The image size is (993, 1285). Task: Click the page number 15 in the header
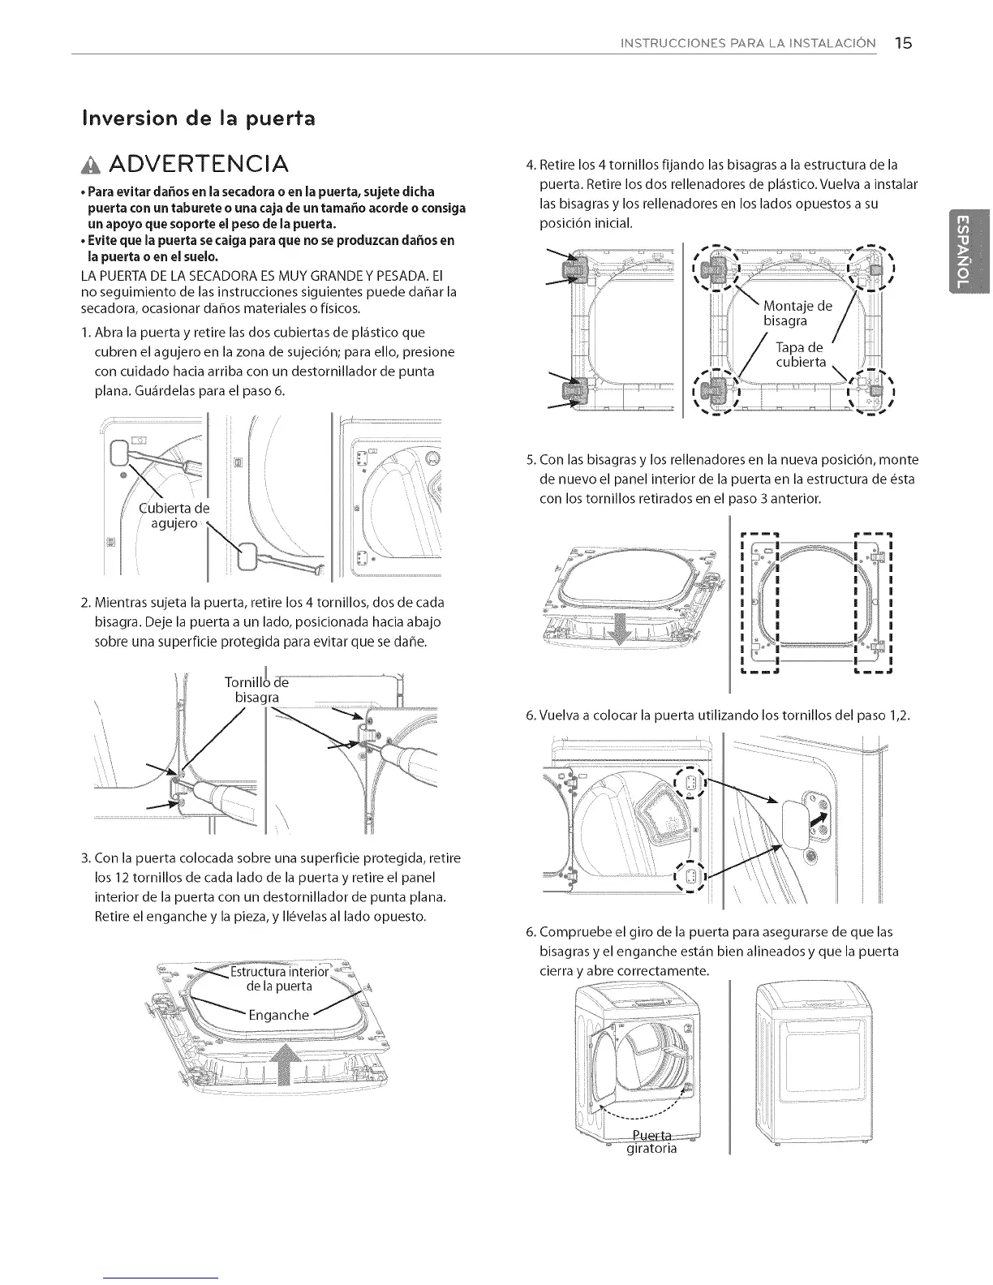coord(904,43)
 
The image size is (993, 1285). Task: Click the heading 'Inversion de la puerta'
coord(198,118)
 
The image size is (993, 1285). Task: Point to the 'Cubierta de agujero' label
coord(174,515)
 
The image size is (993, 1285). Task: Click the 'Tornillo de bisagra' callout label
coord(253,690)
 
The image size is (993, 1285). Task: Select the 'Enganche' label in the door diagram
coord(278,1015)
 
